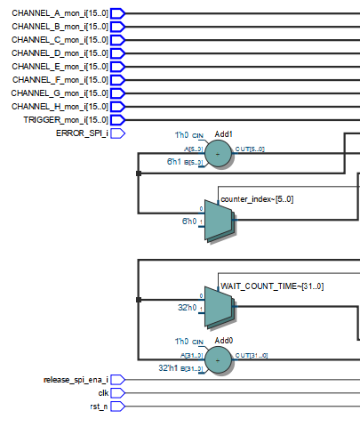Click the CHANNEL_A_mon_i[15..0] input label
59,13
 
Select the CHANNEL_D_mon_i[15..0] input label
59,53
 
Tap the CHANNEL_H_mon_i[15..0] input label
59,107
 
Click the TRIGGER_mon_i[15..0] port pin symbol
117,120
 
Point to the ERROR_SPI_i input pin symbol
117,133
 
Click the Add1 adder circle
218,155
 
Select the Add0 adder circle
218,359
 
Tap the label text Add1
224,134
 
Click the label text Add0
224,339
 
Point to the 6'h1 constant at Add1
174,163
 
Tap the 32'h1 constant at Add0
171,367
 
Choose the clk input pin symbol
117,393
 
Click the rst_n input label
98,407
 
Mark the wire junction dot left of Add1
138,173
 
